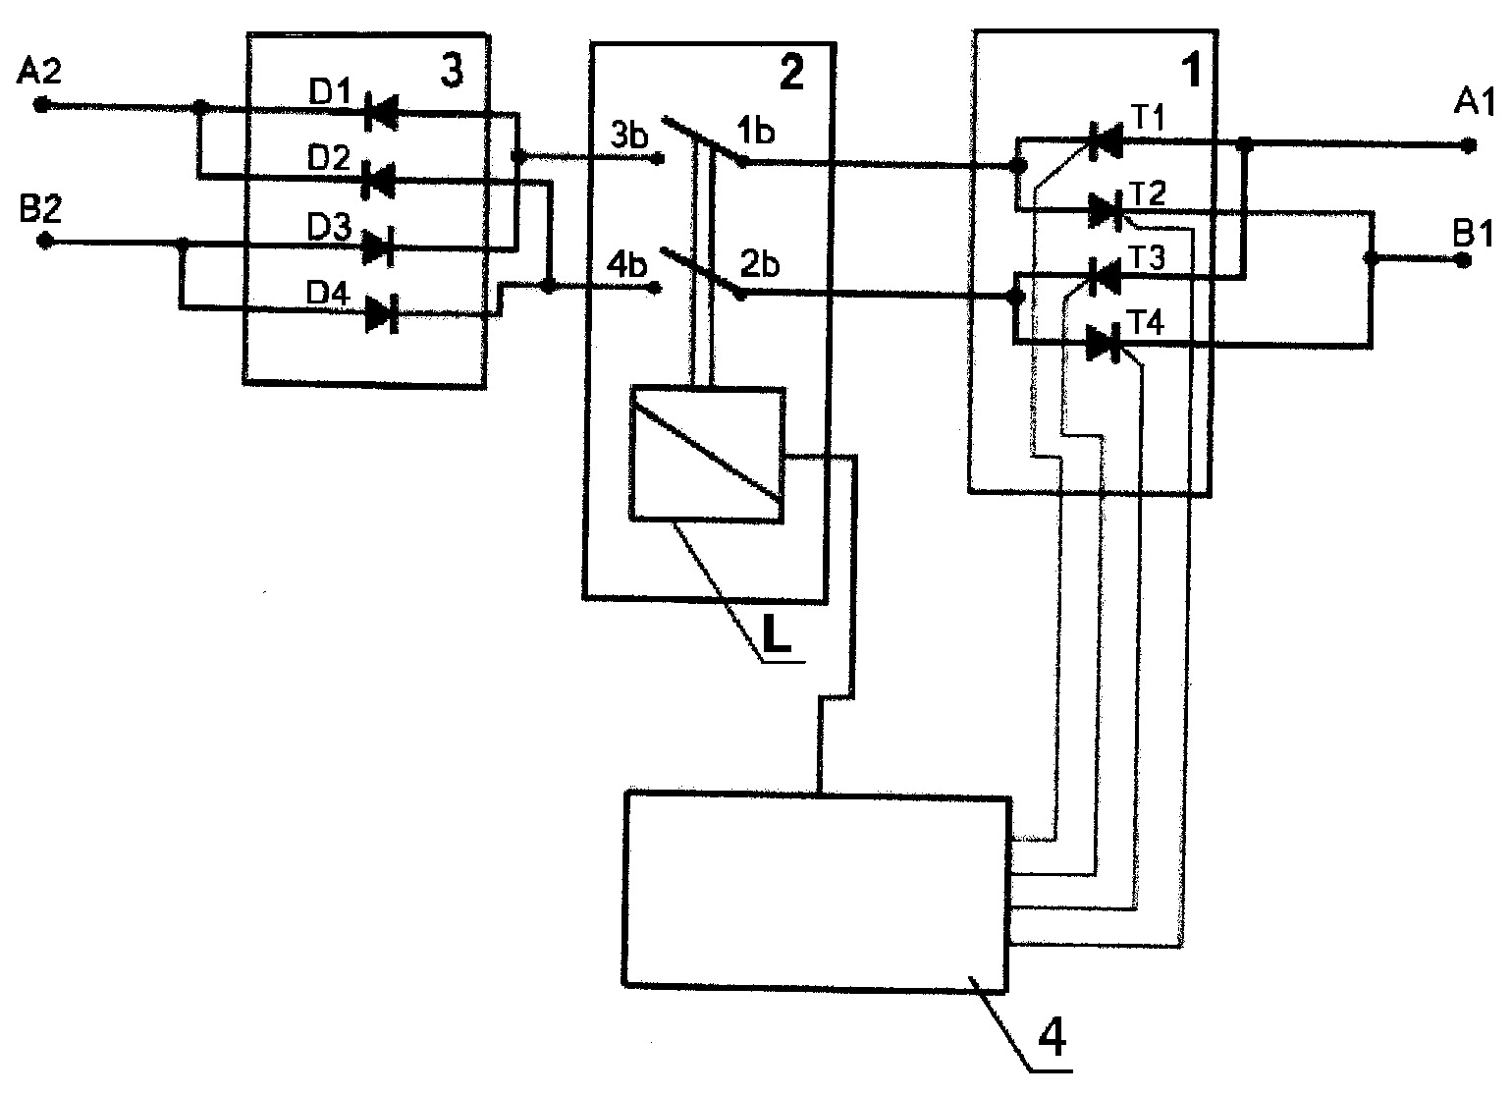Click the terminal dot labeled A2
tap(41, 105)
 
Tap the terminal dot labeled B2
tap(44, 241)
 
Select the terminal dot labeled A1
tap(1468, 145)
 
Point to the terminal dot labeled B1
tap(1462, 260)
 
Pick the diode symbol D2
tap(378, 180)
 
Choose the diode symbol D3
tap(378, 247)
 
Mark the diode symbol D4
tap(382, 314)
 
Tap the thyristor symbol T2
tap(1105, 210)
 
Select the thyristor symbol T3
tap(1105, 276)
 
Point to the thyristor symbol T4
tap(1103, 343)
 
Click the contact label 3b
tap(628, 136)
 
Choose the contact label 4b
tap(627, 265)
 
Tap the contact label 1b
tap(755, 131)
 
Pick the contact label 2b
tap(760, 264)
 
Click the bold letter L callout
tap(777, 634)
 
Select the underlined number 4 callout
tap(1052, 1037)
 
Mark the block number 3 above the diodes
tap(452, 71)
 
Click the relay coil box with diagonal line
tap(707, 454)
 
